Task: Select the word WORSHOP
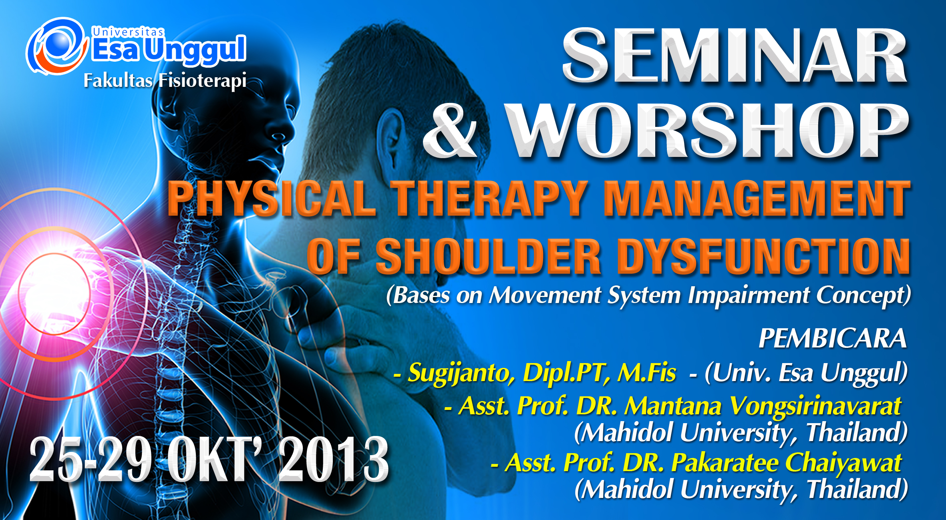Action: coord(707,130)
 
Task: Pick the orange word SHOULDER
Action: coord(488,256)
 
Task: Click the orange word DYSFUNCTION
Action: coord(763,256)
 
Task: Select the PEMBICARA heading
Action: coord(832,339)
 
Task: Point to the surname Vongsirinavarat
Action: coord(815,406)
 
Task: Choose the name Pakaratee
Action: coord(725,463)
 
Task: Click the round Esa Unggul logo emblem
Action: coord(57,46)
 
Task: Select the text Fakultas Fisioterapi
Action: coord(165,80)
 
